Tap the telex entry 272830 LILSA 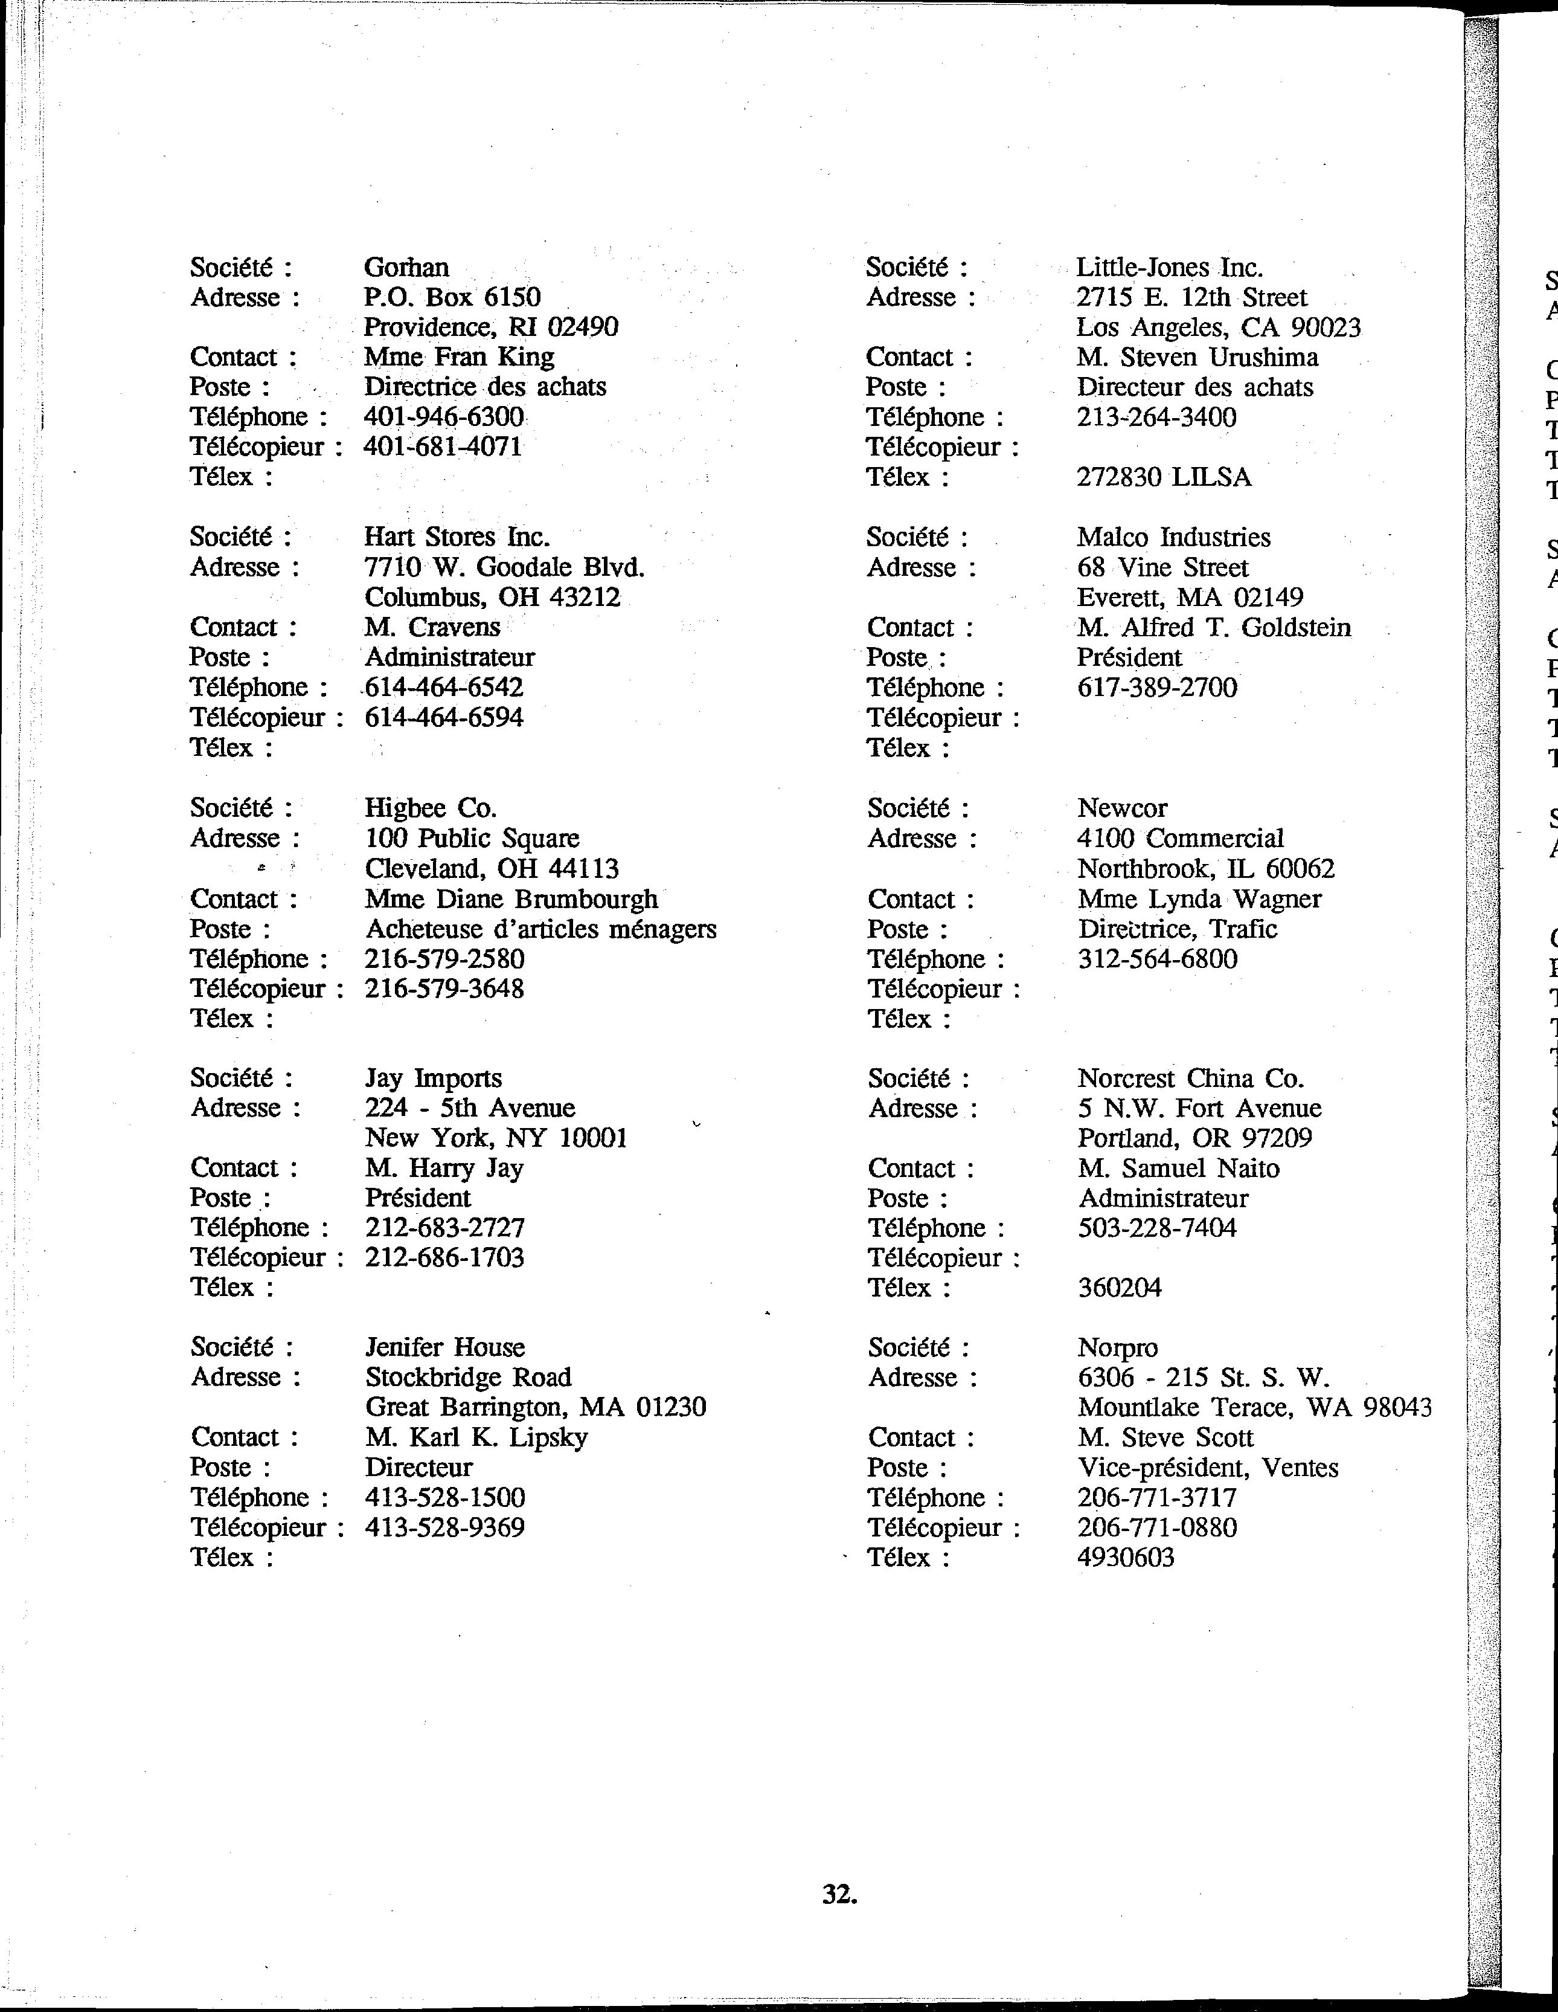[1163, 477]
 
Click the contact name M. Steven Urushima [1197, 358]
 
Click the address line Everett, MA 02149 [1190, 598]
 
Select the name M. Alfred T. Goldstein [1214, 628]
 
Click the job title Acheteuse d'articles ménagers [540, 929]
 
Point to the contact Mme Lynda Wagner [1199, 899]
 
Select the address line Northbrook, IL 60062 [1205, 869]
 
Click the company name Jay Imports [433, 1078]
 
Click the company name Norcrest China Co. [1191, 1078]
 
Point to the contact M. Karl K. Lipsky [476, 1437]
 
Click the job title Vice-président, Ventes [1207, 1468]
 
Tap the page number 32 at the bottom [839, 1894]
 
